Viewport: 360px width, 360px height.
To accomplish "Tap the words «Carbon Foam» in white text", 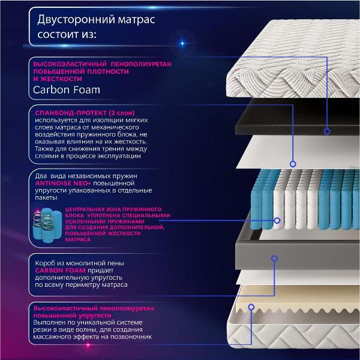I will [67, 91].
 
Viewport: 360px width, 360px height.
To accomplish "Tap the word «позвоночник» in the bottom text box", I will [133, 337].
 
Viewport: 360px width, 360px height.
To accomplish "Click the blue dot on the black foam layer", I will [327, 131].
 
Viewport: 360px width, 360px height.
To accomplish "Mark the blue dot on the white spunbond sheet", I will [293, 163].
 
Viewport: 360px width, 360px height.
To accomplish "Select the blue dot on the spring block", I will [277, 220].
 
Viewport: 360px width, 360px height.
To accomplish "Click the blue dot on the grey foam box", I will [274, 259].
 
